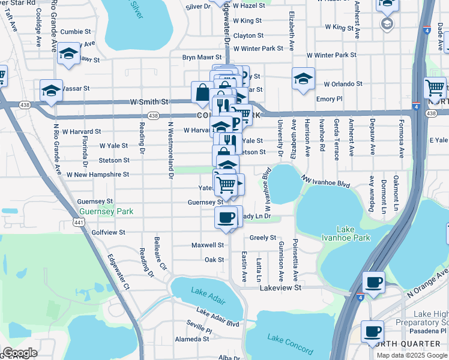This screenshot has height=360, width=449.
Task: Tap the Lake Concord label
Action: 291,344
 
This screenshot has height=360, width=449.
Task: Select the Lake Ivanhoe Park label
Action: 354,233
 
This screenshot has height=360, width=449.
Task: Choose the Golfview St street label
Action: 108,232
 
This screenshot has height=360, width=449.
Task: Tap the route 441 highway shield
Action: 79,223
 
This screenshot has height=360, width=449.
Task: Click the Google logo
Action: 19,353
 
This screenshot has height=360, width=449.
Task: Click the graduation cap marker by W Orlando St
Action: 303,79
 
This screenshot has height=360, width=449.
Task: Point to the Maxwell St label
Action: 207,245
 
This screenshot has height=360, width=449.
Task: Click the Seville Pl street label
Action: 200,330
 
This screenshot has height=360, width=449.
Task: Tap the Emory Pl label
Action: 329,99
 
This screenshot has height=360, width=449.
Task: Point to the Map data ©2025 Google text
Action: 411,355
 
